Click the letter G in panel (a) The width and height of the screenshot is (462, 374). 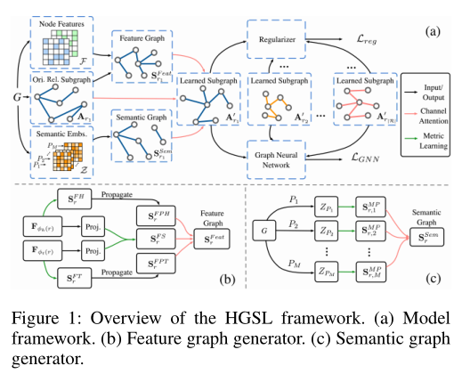pos(12,92)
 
